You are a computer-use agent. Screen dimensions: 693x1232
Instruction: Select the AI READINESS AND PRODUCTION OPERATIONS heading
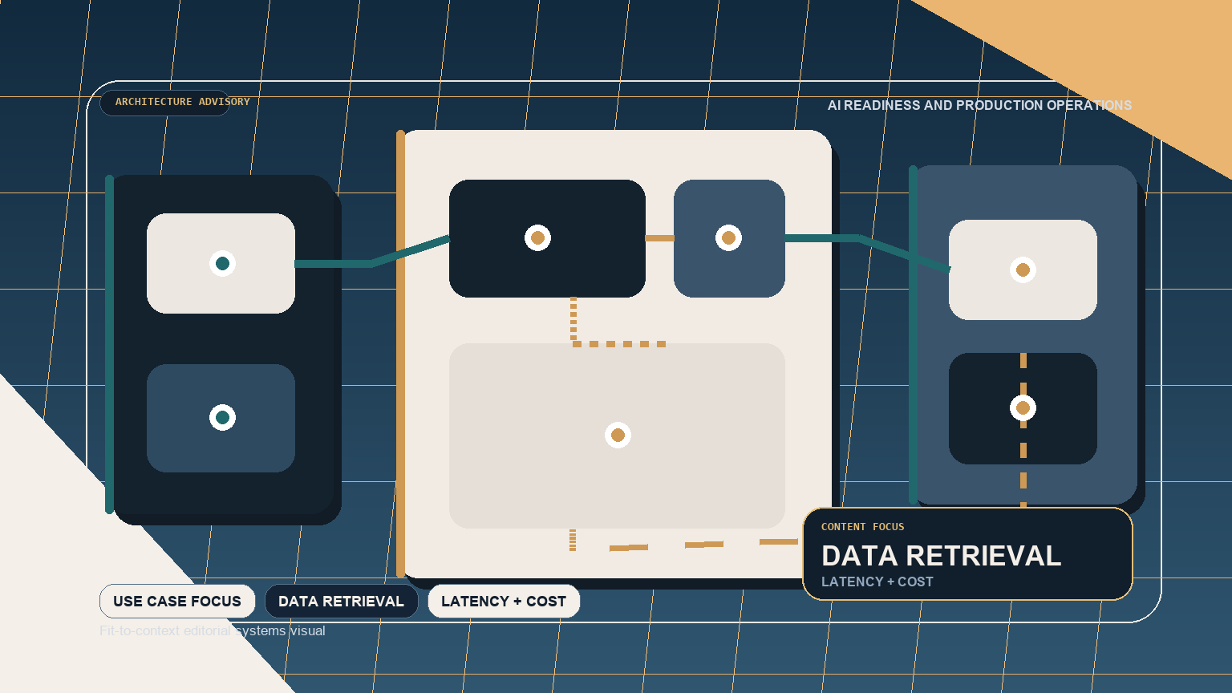click(x=979, y=105)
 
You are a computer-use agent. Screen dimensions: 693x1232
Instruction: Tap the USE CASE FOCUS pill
click(x=177, y=602)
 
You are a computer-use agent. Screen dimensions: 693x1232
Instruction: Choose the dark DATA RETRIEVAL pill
click(x=341, y=602)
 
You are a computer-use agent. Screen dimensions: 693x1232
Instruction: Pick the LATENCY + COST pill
click(x=504, y=602)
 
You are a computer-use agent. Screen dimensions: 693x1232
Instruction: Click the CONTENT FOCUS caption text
click(x=862, y=527)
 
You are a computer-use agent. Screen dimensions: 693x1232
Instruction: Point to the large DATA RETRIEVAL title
click(x=941, y=556)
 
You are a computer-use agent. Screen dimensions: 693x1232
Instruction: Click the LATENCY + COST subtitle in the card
click(x=877, y=582)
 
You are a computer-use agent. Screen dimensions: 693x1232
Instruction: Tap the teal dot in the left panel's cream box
click(x=222, y=263)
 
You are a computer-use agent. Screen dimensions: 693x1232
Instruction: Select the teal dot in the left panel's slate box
click(x=222, y=417)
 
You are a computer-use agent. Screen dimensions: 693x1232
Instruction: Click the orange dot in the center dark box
click(x=537, y=237)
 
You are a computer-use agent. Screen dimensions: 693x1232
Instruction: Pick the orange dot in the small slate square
click(x=728, y=237)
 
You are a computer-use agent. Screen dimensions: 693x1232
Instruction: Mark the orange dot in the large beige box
click(x=618, y=435)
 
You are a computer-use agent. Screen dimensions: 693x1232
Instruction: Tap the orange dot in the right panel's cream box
click(x=1023, y=270)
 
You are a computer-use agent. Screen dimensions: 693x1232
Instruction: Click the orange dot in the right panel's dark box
click(x=1023, y=408)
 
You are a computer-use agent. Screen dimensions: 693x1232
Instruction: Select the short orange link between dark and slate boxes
click(x=659, y=238)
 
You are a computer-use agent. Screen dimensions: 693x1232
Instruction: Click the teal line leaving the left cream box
click(x=333, y=264)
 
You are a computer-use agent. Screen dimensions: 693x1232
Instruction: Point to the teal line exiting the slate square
click(x=822, y=238)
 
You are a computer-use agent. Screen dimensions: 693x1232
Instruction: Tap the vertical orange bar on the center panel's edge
click(x=400, y=353)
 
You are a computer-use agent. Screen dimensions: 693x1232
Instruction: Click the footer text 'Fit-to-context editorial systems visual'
click(x=213, y=631)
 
